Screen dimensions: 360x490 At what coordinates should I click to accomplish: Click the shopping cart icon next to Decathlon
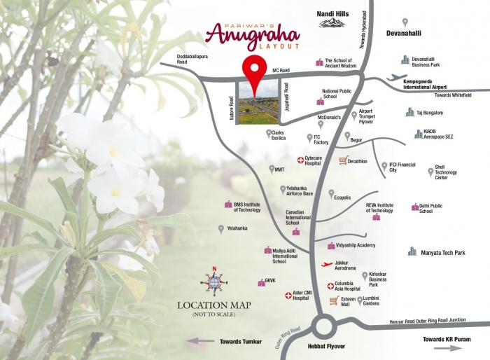[x=342, y=160]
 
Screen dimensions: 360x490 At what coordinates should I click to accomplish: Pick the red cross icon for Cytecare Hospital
[x=302, y=160]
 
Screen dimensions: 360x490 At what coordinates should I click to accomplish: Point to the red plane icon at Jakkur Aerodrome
[x=325, y=265]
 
